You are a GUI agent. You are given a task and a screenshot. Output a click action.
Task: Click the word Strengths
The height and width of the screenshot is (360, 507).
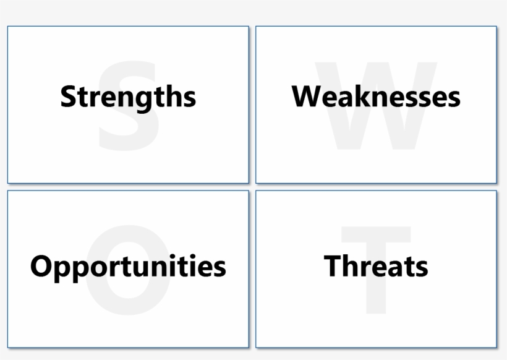(x=128, y=97)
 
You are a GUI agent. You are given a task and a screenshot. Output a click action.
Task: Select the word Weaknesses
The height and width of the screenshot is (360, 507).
(x=376, y=97)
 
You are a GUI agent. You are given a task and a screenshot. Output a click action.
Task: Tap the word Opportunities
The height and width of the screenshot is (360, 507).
(x=128, y=266)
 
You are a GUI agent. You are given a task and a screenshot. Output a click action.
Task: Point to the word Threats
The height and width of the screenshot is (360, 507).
(x=376, y=266)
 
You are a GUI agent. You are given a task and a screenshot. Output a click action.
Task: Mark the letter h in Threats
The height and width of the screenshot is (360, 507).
(x=349, y=266)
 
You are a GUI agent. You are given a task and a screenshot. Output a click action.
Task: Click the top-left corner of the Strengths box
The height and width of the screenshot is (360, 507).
(x=8, y=27)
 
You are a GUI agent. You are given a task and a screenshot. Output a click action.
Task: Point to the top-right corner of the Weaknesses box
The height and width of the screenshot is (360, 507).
(x=496, y=27)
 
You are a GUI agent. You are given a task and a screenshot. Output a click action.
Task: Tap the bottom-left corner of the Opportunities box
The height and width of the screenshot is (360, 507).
(x=8, y=347)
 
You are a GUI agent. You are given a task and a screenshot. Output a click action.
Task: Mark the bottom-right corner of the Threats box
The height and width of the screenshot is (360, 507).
(x=496, y=347)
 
